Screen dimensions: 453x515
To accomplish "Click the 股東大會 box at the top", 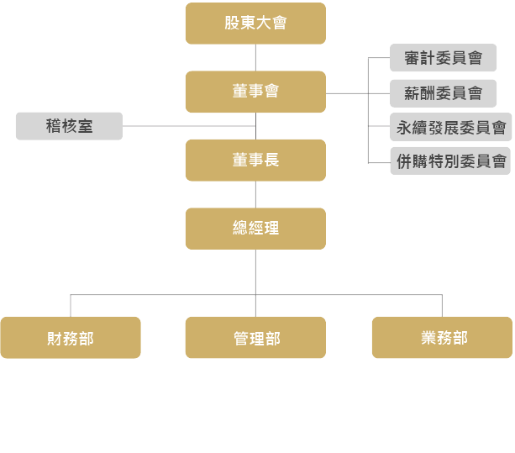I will (255, 24).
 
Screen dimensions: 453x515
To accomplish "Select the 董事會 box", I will (255, 92).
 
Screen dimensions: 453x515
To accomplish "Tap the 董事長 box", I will (255, 160).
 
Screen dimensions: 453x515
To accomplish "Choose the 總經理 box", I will (255, 228).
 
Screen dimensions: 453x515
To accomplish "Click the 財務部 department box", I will (71, 338).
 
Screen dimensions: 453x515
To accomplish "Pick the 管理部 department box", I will (255, 338).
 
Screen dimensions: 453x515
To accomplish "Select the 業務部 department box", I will (442, 338).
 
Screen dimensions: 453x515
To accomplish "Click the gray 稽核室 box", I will (69, 126).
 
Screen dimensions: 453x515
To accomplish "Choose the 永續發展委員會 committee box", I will (451, 128).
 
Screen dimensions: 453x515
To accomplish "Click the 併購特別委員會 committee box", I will (451, 160).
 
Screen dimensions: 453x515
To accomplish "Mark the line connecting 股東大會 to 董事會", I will (255, 57).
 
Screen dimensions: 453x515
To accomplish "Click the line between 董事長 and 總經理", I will (255, 194).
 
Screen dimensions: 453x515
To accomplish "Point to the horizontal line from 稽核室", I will (189, 126).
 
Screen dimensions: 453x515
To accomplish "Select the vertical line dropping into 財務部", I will (71, 305).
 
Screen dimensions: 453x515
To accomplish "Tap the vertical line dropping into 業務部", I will (442, 305).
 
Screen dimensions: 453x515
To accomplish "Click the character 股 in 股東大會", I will (233, 24).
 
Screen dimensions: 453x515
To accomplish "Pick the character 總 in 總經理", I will (240, 228).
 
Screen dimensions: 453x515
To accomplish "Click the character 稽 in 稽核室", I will (54, 126).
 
